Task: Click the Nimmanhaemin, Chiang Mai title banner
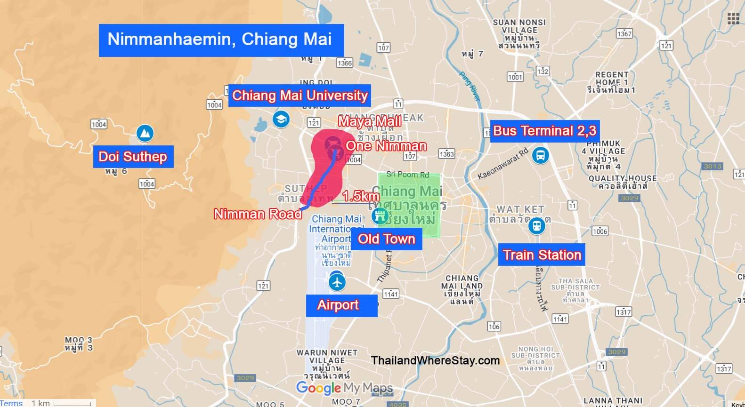point(221,40)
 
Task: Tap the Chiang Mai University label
point(300,96)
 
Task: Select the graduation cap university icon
point(281,119)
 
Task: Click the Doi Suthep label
point(133,157)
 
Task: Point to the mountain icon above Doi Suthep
point(145,134)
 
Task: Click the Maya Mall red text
point(370,122)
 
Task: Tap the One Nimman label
point(386,146)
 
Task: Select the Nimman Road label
point(258,214)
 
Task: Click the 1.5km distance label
point(360,196)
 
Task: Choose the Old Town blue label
point(386,239)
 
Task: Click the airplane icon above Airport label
point(337,282)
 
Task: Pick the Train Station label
point(542,255)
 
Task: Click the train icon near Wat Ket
point(536,226)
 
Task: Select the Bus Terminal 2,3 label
point(544,131)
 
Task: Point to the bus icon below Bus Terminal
point(541,155)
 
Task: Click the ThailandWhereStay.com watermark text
point(435,361)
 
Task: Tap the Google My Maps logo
point(344,388)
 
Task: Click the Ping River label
point(470,86)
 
